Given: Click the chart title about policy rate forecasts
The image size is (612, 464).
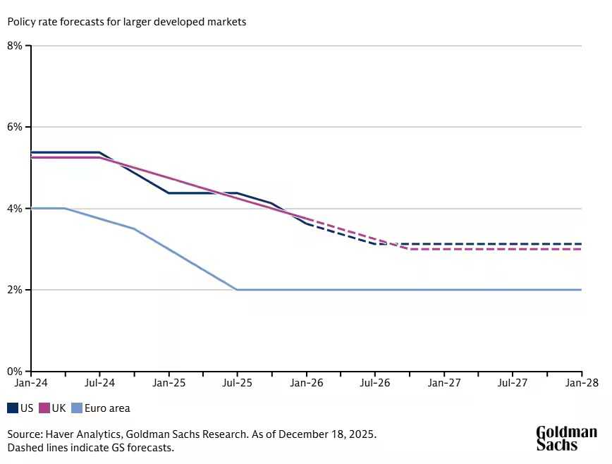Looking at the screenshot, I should point(127,22).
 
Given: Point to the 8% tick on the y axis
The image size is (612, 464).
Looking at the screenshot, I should point(15,46).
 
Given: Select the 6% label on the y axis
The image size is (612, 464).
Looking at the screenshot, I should point(15,127).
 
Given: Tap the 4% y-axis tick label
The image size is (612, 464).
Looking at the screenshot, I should point(15,209).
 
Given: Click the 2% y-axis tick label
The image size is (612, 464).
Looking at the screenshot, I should point(15,290).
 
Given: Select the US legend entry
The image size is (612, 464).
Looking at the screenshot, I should point(20,408).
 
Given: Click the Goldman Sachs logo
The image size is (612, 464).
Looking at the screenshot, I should point(566,438).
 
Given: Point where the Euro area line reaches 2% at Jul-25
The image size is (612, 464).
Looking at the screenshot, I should point(237,290).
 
